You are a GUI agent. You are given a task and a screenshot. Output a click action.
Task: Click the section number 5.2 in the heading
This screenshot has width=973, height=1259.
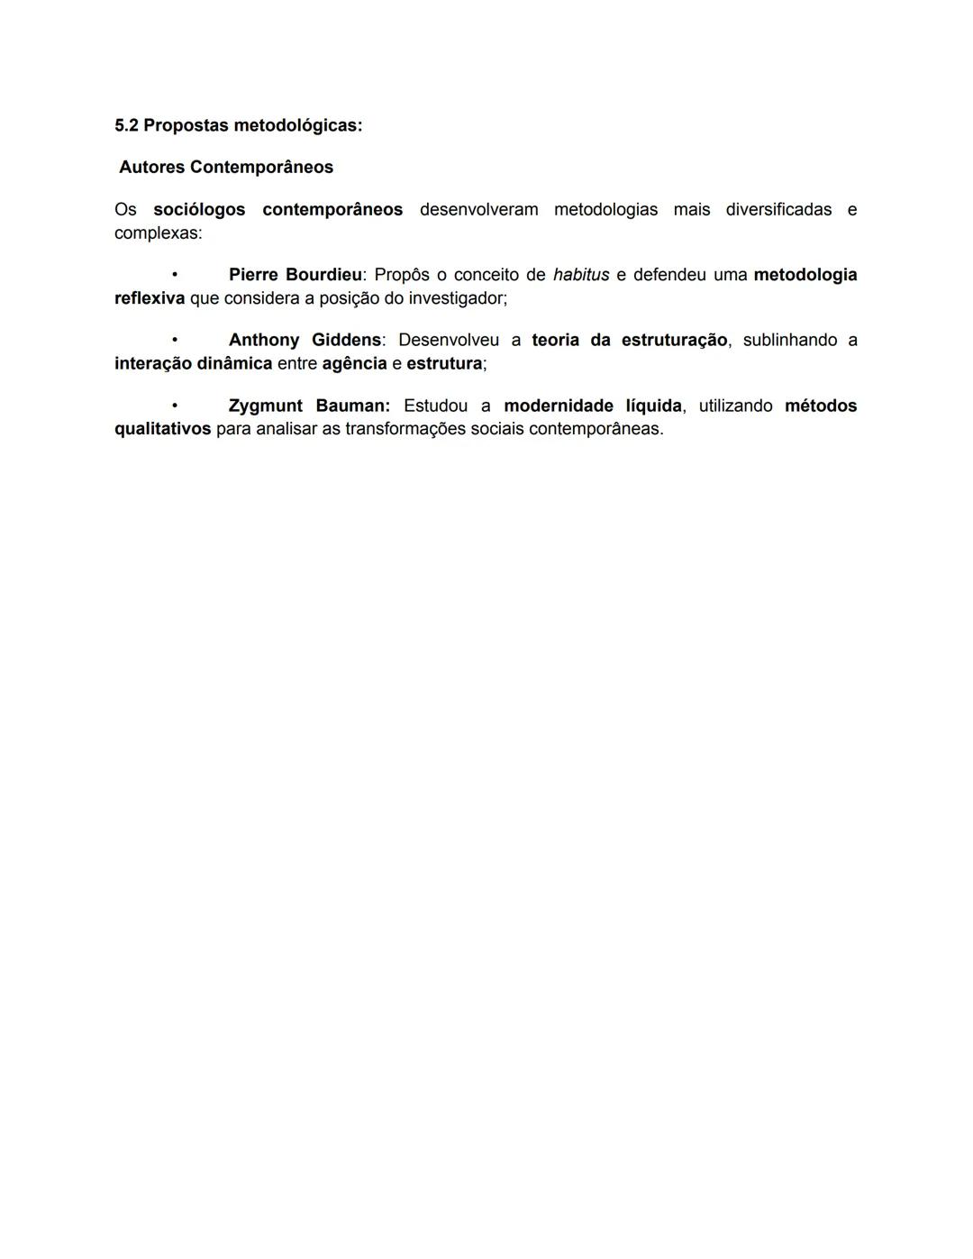click(126, 125)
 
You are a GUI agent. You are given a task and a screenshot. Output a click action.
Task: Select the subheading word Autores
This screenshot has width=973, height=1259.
click(151, 168)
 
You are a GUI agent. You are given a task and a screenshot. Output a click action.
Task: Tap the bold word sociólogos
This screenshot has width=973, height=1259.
click(199, 210)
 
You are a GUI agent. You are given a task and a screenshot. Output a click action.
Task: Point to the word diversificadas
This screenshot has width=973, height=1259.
click(778, 210)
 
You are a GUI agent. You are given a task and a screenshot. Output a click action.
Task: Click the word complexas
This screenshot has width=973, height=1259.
click(158, 233)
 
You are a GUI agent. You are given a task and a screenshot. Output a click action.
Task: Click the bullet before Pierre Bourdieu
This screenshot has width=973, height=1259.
click(175, 275)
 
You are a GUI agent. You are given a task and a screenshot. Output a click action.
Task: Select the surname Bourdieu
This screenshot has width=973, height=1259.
click(323, 275)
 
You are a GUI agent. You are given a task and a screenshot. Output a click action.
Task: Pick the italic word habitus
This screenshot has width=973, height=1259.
click(581, 275)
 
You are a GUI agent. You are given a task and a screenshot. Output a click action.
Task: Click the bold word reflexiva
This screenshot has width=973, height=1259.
click(150, 298)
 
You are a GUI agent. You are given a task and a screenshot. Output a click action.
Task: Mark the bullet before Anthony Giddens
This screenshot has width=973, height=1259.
click(175, 341)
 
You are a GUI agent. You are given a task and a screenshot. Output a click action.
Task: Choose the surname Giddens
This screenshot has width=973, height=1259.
click(346, 341)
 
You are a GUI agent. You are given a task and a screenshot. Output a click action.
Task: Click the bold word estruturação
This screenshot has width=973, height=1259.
click(674, 341)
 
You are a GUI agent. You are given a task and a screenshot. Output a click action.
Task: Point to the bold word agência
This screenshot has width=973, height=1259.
click(354, 364)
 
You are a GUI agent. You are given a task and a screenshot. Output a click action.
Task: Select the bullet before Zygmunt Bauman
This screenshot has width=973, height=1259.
click(175, 406)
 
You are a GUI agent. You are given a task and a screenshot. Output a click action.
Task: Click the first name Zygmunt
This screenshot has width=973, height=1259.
click(266, 406)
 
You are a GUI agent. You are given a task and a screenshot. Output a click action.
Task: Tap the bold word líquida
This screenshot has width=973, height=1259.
click(653, 406)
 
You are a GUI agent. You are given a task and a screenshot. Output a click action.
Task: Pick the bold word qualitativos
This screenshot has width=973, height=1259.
click(163, 430)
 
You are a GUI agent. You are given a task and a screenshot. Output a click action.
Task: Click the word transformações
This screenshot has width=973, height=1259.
click(405, 430)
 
